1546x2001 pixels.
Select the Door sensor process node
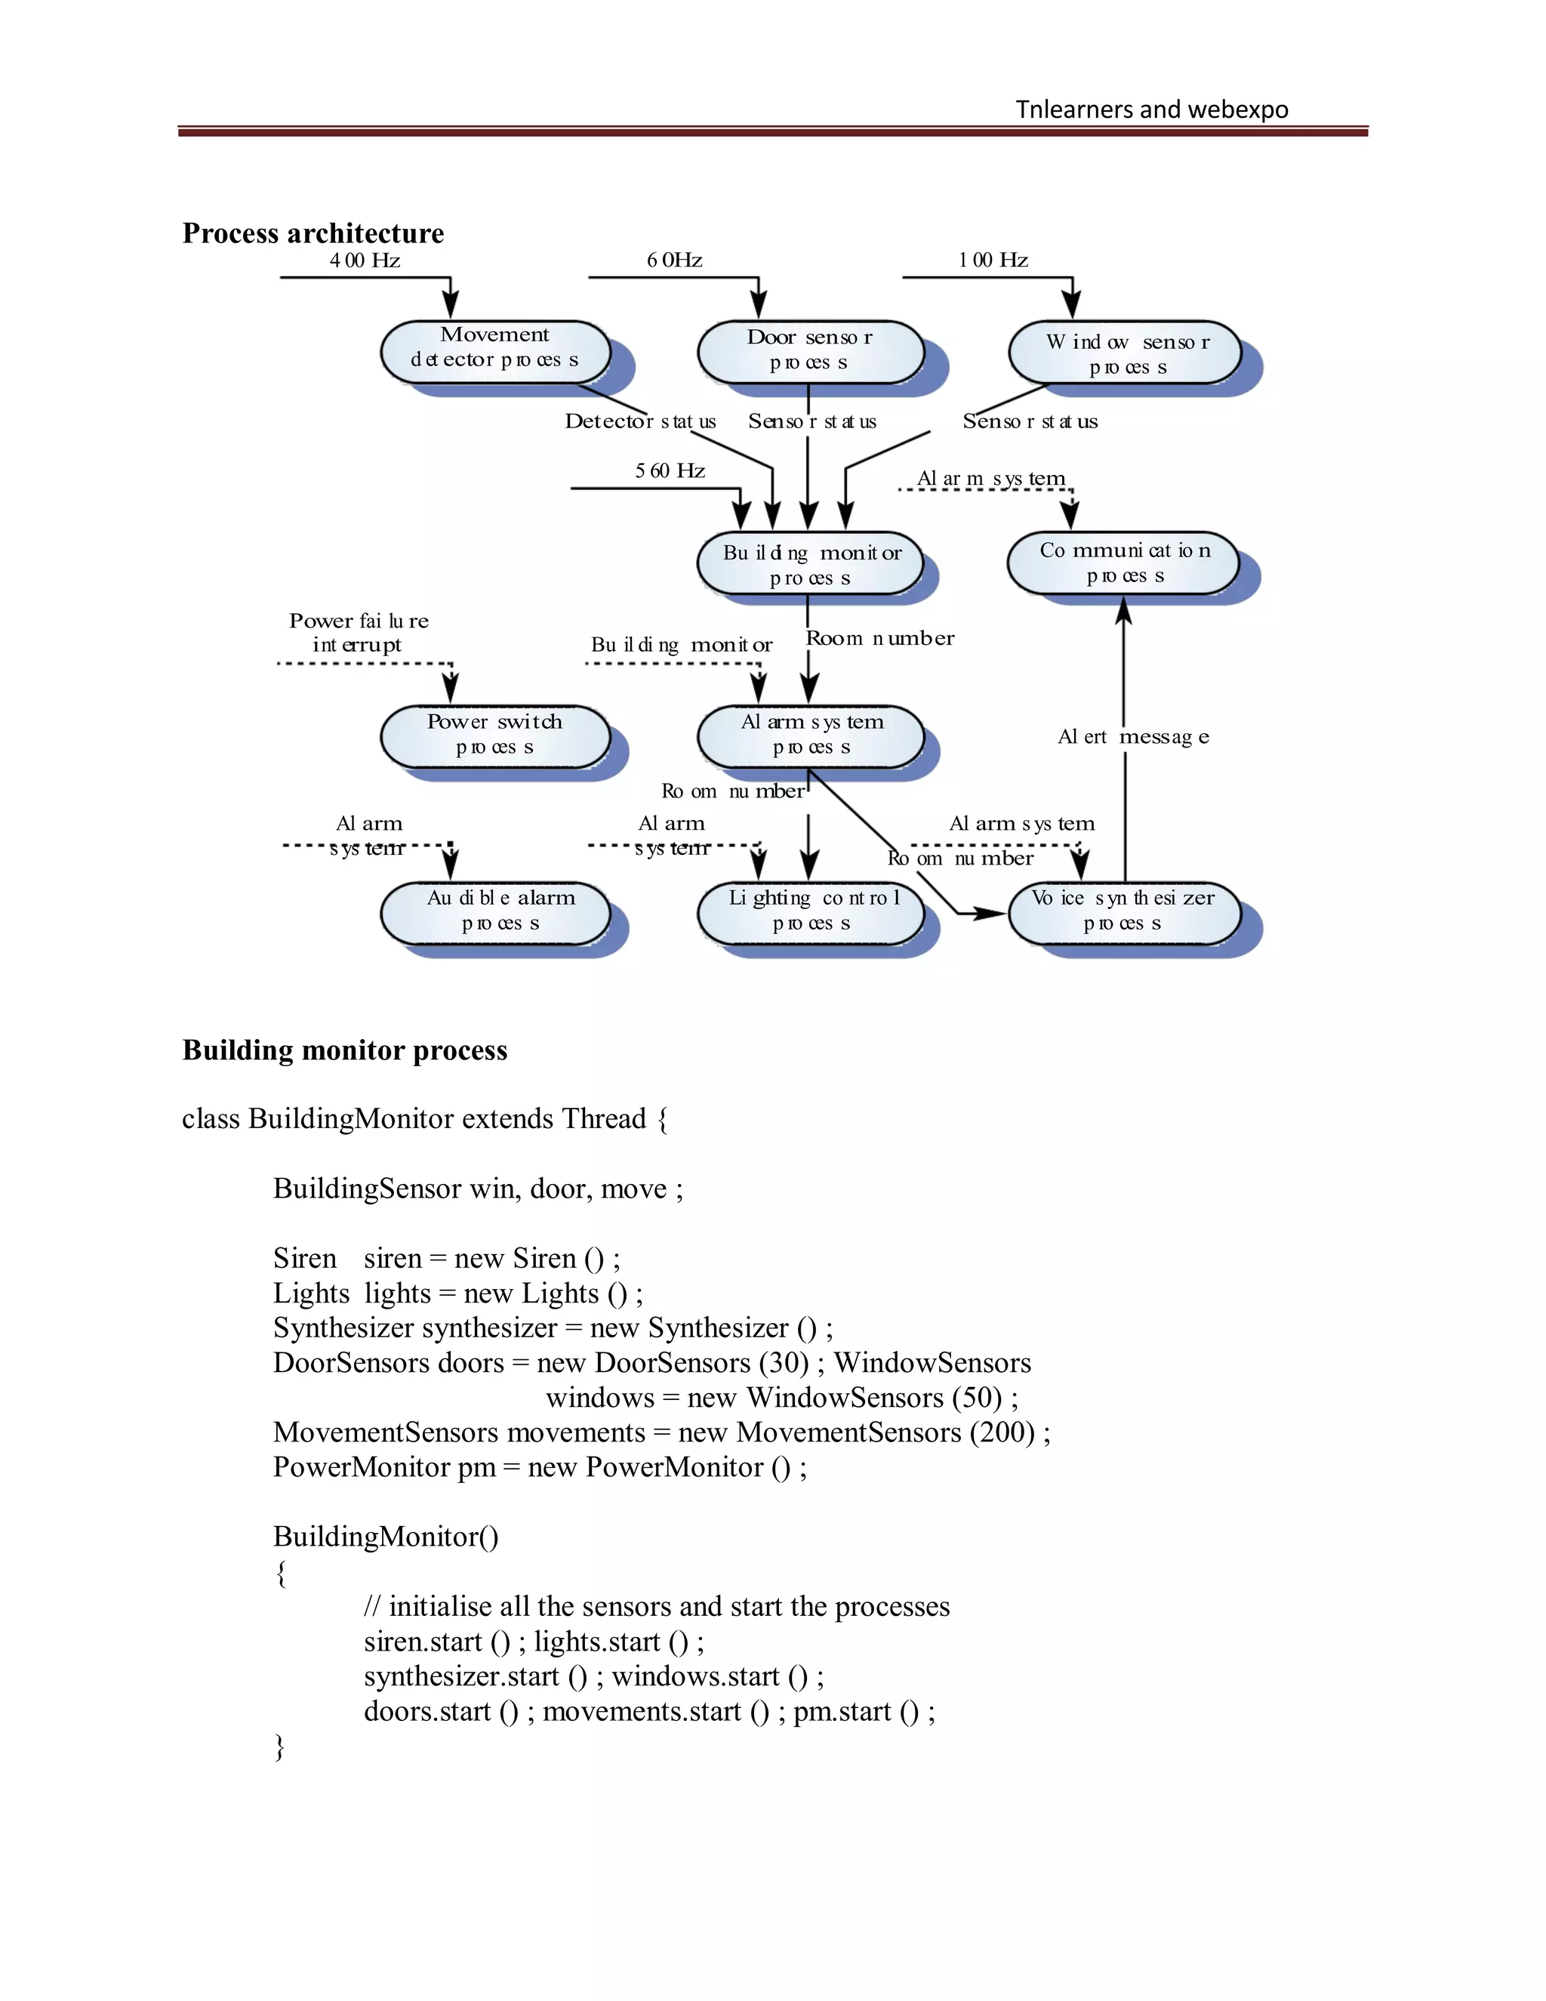click(x=810, y=351)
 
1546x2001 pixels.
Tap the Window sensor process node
click(x=1125, y=353)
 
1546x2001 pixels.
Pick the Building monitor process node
click(x=810, y=563)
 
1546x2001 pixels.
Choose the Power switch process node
click(x=494, y=735)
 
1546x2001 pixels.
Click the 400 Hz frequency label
click(x=365, y=261)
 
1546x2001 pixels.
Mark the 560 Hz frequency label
click(x=670, y=471)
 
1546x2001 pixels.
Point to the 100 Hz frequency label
click(x=993, y=261)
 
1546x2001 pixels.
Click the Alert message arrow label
click(x=1134, y=737)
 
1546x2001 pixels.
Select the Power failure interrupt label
click(x=358, y=632)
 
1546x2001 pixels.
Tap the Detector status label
click(x=639, y=421)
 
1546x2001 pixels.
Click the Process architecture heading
click(x=313, y=233)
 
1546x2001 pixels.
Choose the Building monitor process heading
click(x=344, y=1050)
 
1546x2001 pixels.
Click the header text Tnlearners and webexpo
click(x=1151, y=110)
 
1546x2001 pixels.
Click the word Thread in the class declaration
click(x=604, y=1119)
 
